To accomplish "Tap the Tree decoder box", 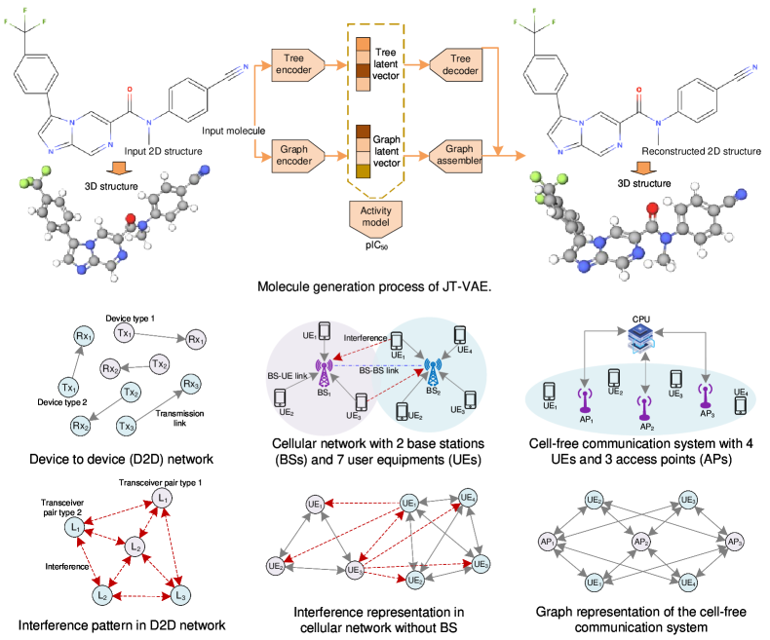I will click(453, 64).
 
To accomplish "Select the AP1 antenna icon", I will click(585, 400).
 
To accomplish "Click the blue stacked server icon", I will click(644, 337).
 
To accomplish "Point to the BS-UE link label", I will click(290, 374).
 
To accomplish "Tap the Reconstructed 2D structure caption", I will click(700, 151).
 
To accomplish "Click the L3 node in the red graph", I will click(178, 594).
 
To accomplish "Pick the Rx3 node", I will click(190, 385).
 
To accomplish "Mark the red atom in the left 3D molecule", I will click(131, 219).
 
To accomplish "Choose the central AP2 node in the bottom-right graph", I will click(640, 541).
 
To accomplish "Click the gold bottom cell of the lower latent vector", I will click(363, 171).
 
